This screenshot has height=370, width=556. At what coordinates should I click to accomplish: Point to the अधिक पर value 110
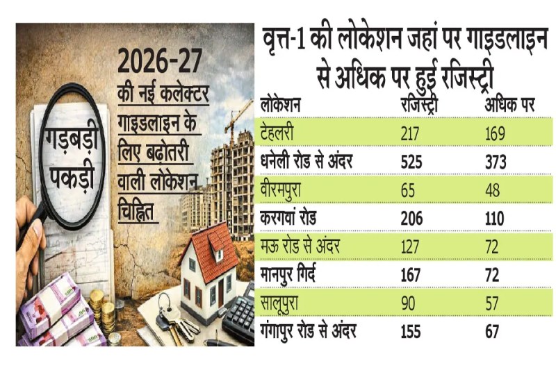coord(494,217)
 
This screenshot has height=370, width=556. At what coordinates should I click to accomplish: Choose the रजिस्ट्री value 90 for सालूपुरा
coord(409,303)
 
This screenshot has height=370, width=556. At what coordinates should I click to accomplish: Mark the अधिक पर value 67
coord(492,333)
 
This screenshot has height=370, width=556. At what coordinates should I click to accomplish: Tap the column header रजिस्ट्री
coord(420,105)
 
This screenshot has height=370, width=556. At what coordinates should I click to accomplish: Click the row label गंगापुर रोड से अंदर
coord(309,332)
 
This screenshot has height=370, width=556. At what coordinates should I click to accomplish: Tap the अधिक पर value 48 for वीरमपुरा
coord(492,189)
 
